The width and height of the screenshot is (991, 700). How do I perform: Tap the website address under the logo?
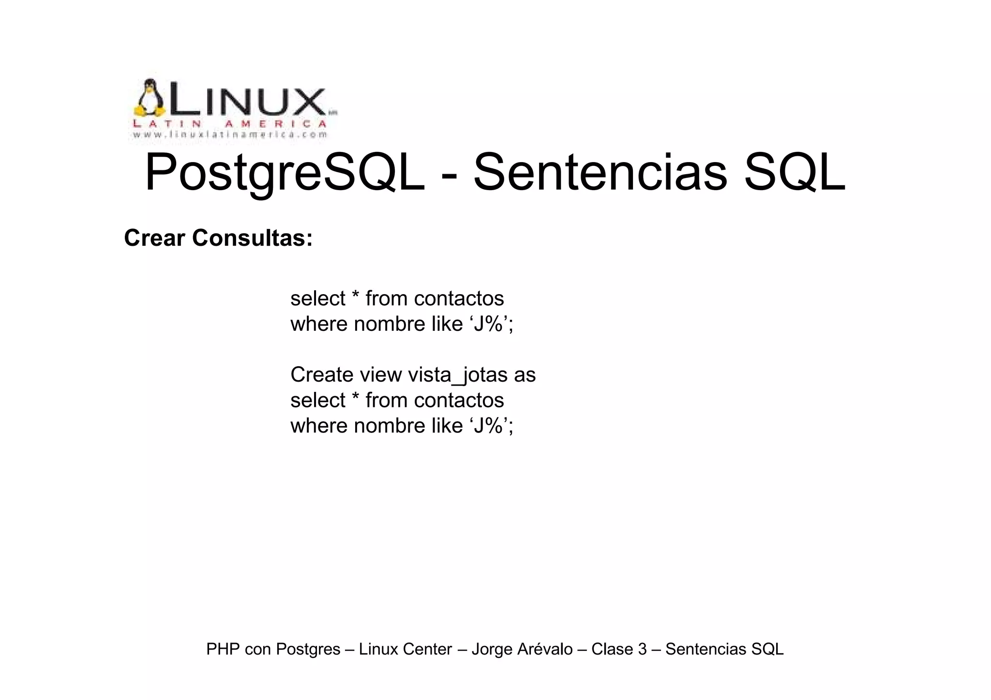pos(230,135)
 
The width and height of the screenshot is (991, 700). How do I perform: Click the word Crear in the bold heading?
pos(154,238)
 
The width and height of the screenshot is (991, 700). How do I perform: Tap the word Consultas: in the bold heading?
pos(253,238)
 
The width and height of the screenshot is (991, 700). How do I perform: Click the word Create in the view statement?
pos(321,375)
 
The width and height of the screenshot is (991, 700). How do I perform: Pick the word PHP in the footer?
pos(223,649)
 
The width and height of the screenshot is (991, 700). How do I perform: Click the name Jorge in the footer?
pos(492,649)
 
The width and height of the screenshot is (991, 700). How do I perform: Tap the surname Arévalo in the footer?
pos(545,649)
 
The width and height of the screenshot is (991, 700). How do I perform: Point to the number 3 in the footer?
pos(642,649)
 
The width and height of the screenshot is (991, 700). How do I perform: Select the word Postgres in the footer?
pos(308,649)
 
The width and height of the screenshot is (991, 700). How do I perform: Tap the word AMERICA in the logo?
pos(276,124)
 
